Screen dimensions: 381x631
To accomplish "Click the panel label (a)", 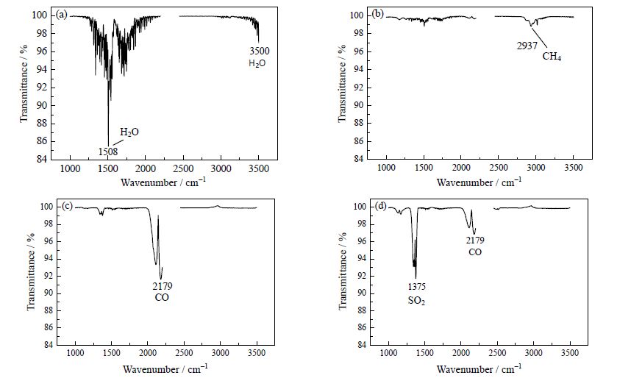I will (64, 15).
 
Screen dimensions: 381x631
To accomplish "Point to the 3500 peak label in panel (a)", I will (257, 51).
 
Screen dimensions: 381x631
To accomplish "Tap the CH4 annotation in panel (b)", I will (552, 56).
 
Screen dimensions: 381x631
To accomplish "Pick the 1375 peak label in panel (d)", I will (417, 286).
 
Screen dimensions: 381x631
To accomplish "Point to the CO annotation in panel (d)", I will (474, 252).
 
